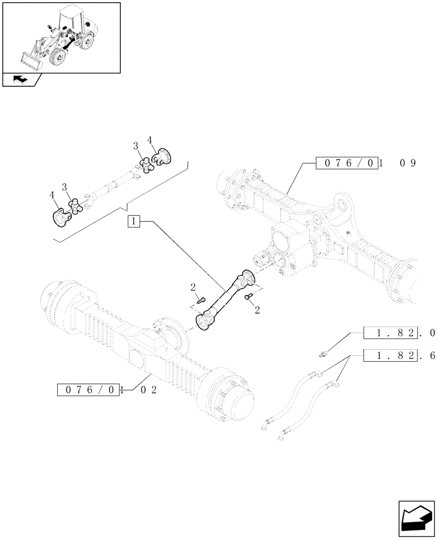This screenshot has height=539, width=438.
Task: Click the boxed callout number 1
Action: coord(134,220)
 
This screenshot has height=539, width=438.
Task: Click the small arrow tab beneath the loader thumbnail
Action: coord(20,80)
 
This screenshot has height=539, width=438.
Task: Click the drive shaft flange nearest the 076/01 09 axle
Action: coord(247,277)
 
